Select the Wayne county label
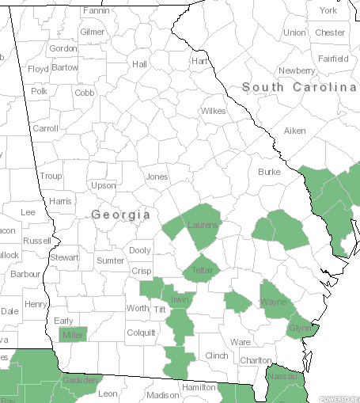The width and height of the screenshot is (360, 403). (x=273, y=302)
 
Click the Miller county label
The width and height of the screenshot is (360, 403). (x=73, y=335)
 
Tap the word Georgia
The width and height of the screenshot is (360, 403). (x=120, y=215)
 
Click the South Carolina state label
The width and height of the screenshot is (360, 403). (x=299, y=86)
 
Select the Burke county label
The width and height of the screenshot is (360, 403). (x=269, y=172)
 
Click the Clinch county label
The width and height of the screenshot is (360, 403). (x=215, y=355)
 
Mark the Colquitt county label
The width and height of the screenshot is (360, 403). (x=141, y=333)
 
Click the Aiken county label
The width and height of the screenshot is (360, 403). (x=294, y=130)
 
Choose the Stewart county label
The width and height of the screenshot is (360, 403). (x=64, y=257)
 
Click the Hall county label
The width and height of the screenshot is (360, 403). (x=140, y=64)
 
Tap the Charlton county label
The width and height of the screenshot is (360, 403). (x=256, y=360)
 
